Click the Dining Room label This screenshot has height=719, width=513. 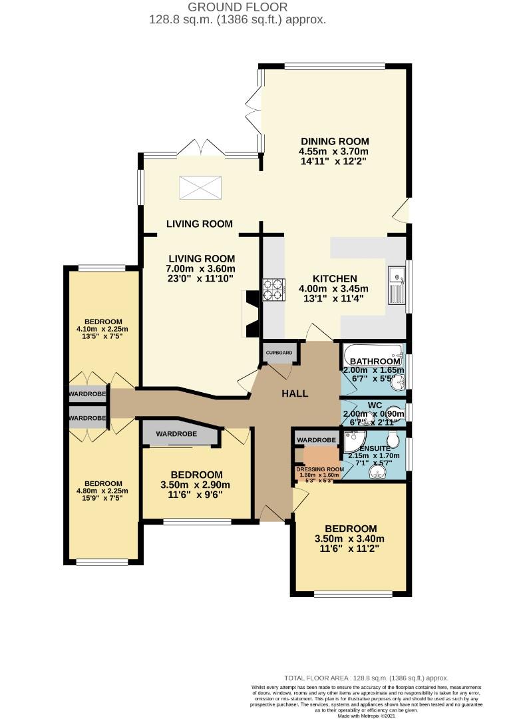(334, 142)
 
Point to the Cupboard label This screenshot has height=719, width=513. (279, 352)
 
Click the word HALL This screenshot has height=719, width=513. (295, 393)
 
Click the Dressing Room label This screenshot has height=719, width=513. (320, 469)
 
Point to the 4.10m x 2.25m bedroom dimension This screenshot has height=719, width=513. (103, 329)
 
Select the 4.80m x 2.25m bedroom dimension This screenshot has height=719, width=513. (103, 491)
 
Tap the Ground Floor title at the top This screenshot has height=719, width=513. (238, 7)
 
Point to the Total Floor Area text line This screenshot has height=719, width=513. (366, 678)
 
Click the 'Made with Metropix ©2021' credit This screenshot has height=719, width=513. (366, 715)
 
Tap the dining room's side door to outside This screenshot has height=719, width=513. (401, 212)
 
